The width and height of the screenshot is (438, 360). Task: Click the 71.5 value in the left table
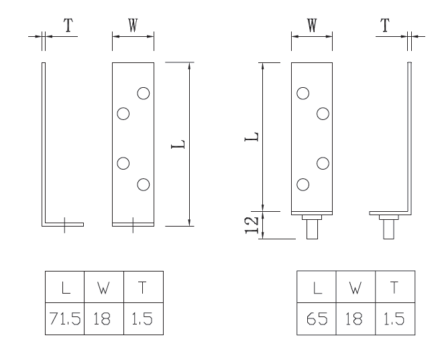65,318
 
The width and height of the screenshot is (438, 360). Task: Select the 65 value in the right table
317,318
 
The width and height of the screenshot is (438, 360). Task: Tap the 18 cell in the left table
102,318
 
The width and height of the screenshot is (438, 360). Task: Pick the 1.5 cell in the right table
394,318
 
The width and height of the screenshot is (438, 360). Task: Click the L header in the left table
66,288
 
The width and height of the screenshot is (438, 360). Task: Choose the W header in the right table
355,288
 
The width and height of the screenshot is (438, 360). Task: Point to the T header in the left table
142,288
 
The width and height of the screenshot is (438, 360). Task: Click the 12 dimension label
251,225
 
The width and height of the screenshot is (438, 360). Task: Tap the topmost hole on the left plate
144,93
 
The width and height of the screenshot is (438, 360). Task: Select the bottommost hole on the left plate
144,184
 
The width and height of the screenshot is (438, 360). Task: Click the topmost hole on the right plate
303,93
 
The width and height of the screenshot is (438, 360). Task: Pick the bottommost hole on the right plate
303,184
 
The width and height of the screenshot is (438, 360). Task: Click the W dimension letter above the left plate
133,25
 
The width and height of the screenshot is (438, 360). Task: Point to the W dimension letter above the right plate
312,25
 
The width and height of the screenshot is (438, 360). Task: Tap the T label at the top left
68,25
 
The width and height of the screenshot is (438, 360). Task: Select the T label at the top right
385,25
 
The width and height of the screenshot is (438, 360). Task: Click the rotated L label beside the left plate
178,144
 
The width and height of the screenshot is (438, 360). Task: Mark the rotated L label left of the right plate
252,136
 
